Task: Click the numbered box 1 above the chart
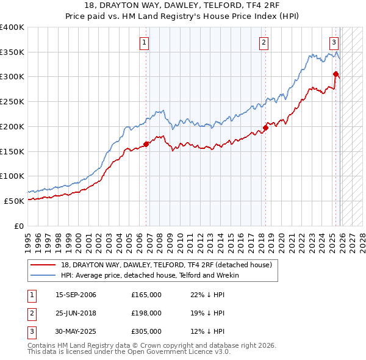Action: pyautogui.click(x=145, y=43)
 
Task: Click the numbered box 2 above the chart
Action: pyautogui.click(x=264, y=43)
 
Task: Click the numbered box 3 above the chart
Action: pyautogui.click(x=334, y=43)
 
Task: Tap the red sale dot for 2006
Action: pyautogui.click(x=146, y=145)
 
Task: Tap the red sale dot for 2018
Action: pyautogui.click(x=265, y=128)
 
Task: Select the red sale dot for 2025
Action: pyautogui.click(x=335, y=74)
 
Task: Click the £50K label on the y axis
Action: pyautogui.click(x=14, y=201)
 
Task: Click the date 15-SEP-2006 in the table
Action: pyautogui.click(x=76, y=295)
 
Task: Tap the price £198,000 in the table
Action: pyautogui.click(x=146, y=313)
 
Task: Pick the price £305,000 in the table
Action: pyautogui.click(x=146, y=331)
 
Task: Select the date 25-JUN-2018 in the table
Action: pyautogui.click(x=76, y=313)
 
